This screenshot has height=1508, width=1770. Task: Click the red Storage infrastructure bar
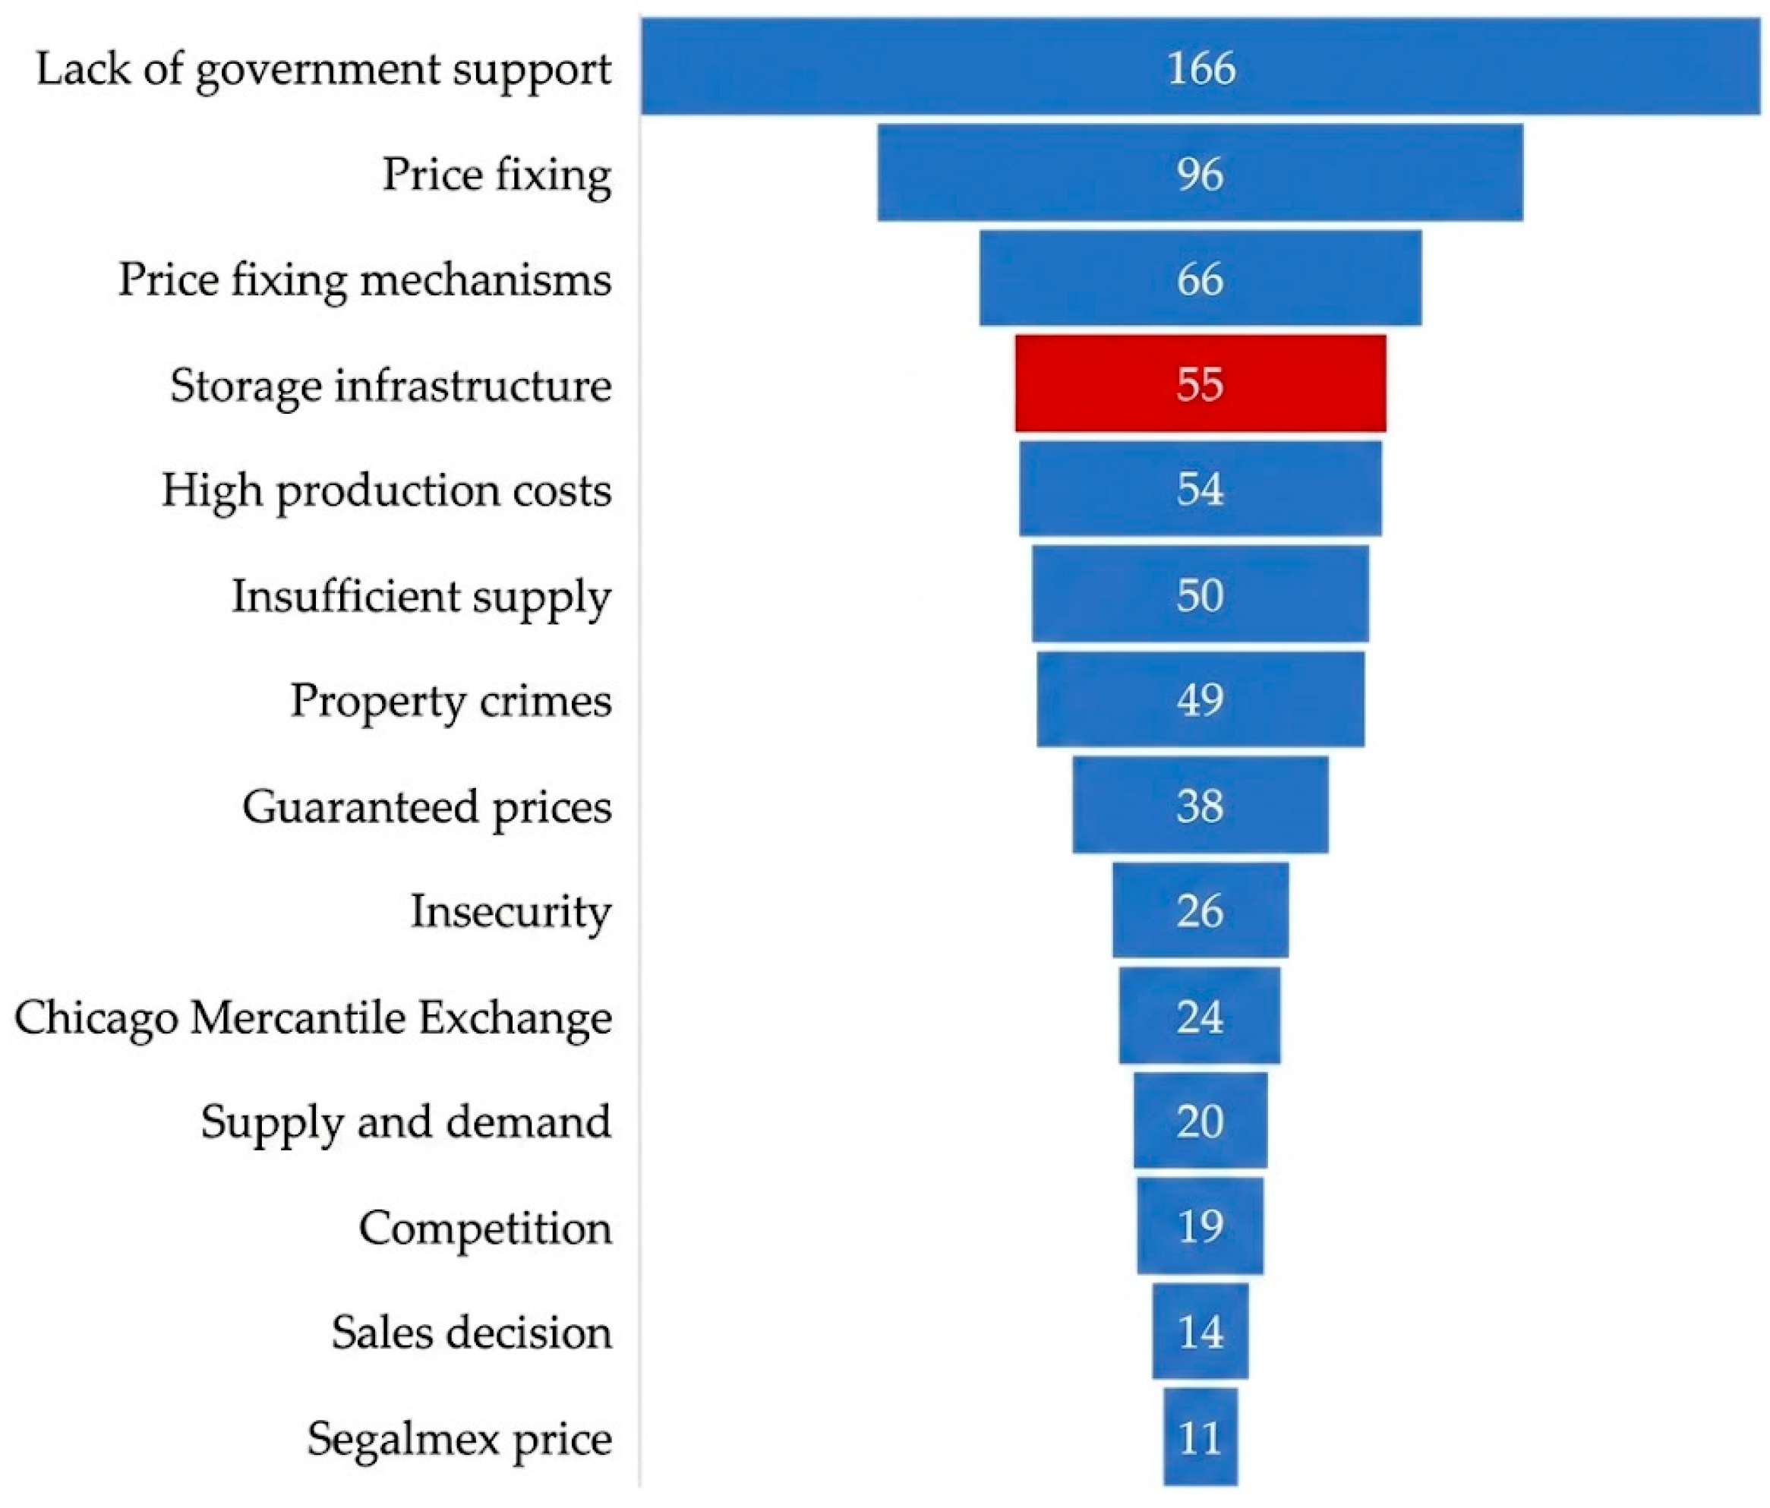1201,383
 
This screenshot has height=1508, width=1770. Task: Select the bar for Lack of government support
1201,67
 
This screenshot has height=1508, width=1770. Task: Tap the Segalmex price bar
1201,1437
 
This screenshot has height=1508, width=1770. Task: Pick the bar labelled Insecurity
1201,910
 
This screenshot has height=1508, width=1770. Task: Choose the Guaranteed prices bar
1201,805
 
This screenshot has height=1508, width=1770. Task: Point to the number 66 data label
1201,279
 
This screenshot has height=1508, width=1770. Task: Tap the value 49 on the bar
1201,700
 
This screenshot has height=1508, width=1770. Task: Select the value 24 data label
1201,1016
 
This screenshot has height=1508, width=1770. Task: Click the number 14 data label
1201,1332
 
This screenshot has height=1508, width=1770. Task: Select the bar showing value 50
1201,594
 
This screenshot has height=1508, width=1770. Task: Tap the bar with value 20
1201,1121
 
